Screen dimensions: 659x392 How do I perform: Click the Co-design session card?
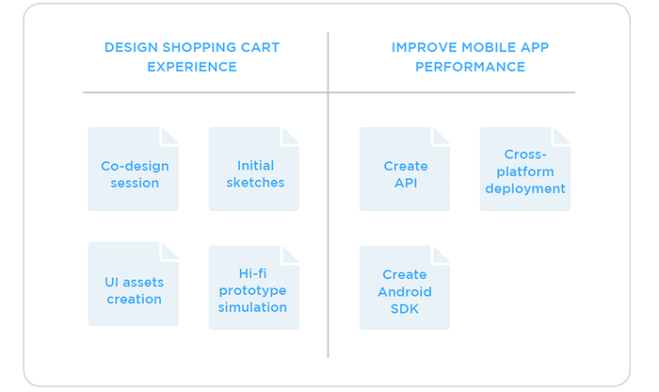(x=134, y=169)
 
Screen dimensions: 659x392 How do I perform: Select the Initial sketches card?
(x=254, y=169)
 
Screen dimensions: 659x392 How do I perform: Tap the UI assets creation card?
(x=134, y=284)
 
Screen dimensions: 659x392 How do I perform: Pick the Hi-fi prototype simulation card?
(x=254, y=287)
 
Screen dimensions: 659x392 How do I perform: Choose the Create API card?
(x=404, y=169)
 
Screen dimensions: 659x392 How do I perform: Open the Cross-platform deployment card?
(x=525, y=169)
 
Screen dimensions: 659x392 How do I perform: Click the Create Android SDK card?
(x=404, y=287)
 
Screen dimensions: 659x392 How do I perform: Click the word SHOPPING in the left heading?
(x=200, y=47)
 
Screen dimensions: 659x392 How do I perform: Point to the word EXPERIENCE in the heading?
(x=192, y=67)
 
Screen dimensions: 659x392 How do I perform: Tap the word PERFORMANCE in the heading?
(x=471, y=67)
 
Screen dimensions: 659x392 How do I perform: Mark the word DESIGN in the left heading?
(x=131, y=47)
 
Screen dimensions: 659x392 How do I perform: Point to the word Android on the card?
(x=404, y=292)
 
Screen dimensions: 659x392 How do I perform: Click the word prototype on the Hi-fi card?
(x=252, y=291)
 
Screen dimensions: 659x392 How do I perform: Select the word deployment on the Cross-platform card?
(x=525, y=189)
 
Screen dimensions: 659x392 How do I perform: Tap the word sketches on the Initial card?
(x=255, y=183)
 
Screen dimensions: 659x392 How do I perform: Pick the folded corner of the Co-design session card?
(x=169, y=137)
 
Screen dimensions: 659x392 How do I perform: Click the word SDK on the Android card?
(x=404, y=309)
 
